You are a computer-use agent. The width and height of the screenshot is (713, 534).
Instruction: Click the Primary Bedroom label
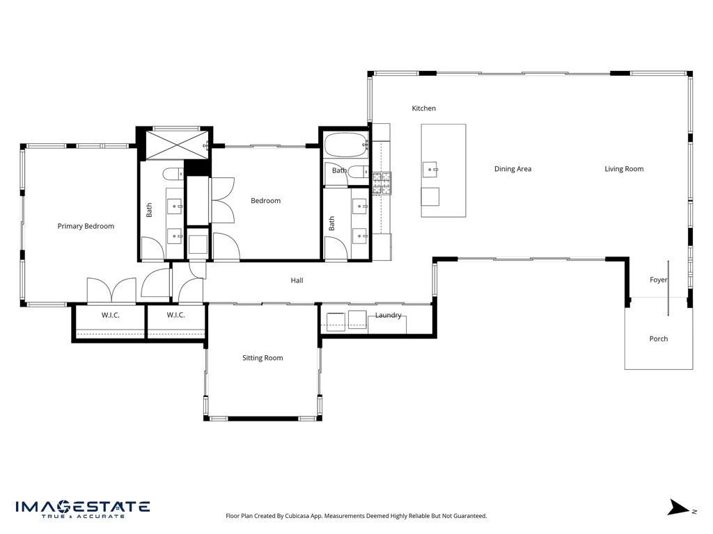pyautogui.click(x=86, y=226)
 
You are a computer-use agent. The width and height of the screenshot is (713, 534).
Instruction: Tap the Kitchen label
pyautogui.click(x=423, y=108)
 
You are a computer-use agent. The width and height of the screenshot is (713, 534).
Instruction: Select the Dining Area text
pyautogui.click(x=512, y=169)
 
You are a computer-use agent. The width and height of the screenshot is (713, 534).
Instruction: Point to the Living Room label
pyautogui.click(x=624, y=169)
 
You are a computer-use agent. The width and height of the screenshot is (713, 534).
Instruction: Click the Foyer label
pyautogui.click(x=658, y=280)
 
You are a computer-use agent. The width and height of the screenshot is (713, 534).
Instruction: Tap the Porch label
pyautogui.click(x=658, y=339)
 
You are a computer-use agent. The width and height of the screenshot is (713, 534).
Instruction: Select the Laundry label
pyautogui.click(x=388, y=316)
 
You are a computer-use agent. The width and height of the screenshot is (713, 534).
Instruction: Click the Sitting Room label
pyautogui.click(x=263, y=358)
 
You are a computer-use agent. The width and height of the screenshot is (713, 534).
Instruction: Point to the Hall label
pyautogui.click(x=297, y=281)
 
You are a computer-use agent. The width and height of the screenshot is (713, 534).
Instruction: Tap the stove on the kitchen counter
pyautogui.click(x=382, y=182)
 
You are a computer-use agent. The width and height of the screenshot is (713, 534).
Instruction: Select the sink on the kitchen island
pyautogui.click(x=430, y=168)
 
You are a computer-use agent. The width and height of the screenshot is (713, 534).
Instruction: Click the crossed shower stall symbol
pyautogui.click(x=174, y=145)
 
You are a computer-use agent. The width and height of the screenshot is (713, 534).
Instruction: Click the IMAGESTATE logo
pyautogui.click(x=82, y=508)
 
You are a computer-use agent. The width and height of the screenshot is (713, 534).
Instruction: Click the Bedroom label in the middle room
pyautogui.click(x=265, y=201)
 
